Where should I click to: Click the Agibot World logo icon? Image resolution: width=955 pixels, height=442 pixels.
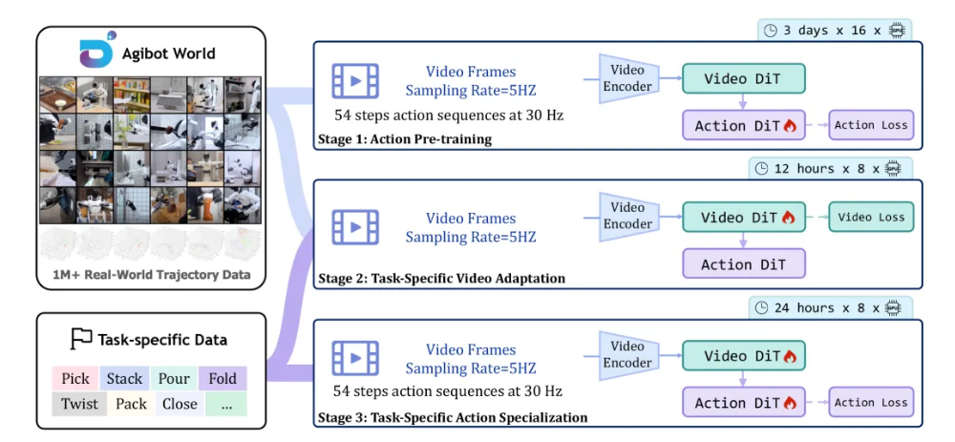(x=96, y=53)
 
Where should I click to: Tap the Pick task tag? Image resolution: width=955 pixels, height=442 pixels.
(x=75, y=378)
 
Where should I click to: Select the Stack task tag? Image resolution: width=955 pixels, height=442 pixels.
(x=124, y=378)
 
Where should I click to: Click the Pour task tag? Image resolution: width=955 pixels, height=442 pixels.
(x=174, y=378)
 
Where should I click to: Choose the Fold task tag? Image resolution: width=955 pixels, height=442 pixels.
(x=223, y=378)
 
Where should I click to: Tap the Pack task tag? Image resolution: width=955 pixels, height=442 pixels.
(x=131, y=404)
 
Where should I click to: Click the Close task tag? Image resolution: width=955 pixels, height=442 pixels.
(x=180, y=404)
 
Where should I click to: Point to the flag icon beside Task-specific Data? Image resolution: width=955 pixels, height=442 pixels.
(x=82, y=339)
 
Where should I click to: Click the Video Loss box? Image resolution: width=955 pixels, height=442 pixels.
(x=870, y=217)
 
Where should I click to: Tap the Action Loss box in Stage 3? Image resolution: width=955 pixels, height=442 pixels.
(x=870, y=402)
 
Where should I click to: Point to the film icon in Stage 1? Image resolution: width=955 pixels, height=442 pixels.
(x=355, y=81)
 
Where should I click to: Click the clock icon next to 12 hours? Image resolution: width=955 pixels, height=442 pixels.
(x=761, y=169)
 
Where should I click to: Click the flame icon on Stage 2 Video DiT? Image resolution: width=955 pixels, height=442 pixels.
(x=788, y=218)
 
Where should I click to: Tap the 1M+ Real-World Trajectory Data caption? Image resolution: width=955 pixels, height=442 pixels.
(x=152, y=275)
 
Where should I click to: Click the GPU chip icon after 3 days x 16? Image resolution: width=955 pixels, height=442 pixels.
(x=897, y=31)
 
